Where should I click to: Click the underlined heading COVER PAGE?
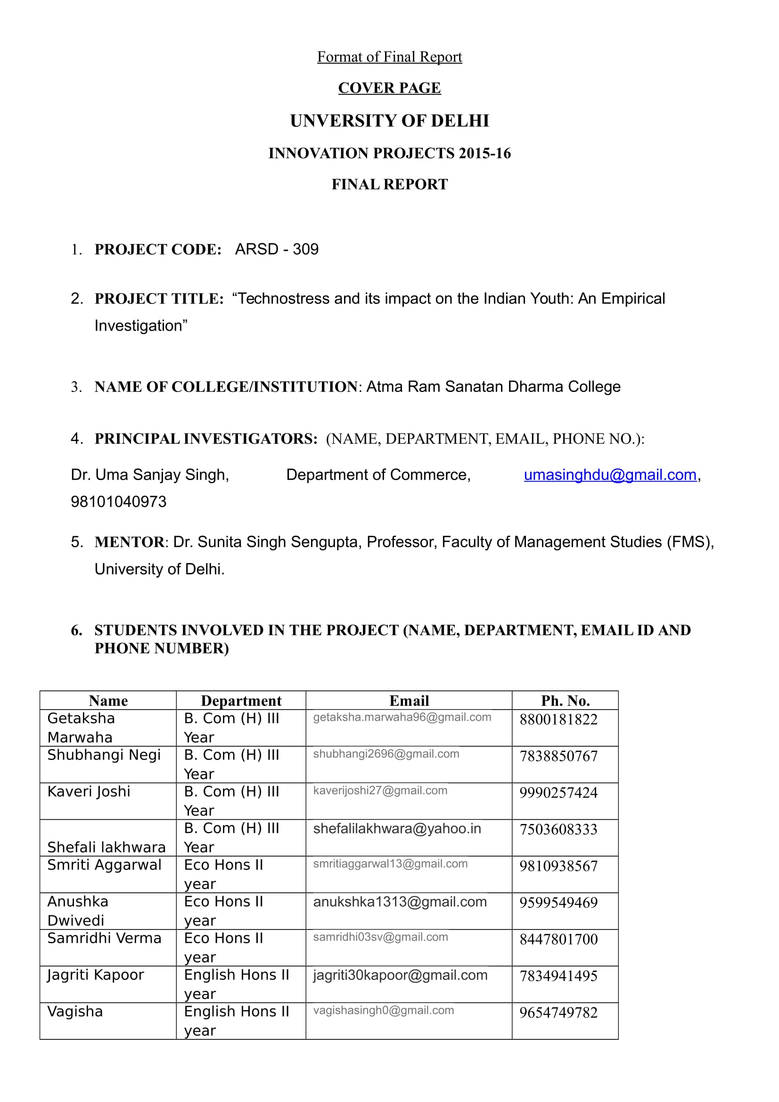[389, 88]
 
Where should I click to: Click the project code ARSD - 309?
[277, 249]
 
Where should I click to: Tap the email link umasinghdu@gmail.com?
[609, 475]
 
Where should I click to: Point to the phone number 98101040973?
[119, 502]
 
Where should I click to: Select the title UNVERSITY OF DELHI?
[389, 121]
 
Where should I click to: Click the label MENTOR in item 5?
[129, 542]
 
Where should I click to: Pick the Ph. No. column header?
[565, 701]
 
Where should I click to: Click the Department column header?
[241, 701]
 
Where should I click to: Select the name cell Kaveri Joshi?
[89, 792]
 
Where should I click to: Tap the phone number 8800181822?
[558, 719]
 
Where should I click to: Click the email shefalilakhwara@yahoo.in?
[397, 829]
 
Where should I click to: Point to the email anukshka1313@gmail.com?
[400, 902]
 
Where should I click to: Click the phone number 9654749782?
[558, 1013]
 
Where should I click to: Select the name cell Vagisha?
[75, 1012]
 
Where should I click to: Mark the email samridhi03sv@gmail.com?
[381, 937]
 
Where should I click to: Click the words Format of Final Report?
[389, 57]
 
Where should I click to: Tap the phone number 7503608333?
[558, 829]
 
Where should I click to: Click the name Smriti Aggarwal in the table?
[104, 865]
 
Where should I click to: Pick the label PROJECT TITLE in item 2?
[159, 299]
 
